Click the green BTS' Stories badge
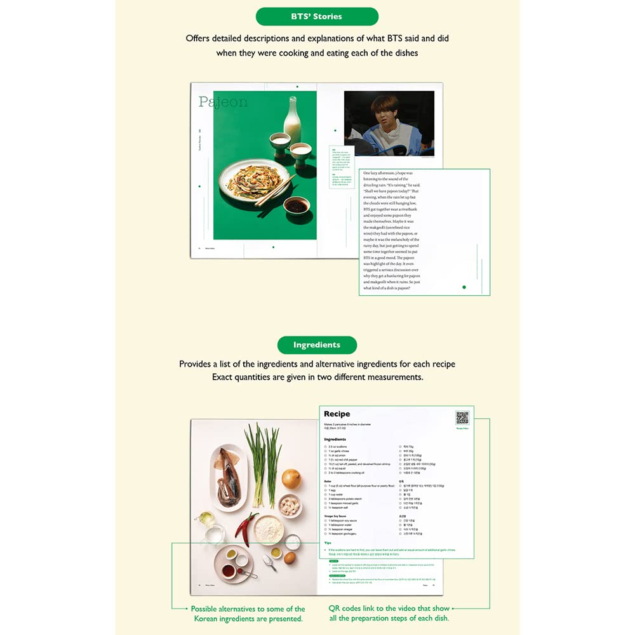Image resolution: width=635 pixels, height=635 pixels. (317, 17)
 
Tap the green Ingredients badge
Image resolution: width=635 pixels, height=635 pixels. (317, 345)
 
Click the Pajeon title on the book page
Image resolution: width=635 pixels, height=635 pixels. (223, 102)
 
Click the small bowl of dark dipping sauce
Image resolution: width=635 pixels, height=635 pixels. (297, 205)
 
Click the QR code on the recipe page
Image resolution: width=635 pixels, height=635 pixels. (462, 417)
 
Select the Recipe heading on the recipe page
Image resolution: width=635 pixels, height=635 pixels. (337, 414)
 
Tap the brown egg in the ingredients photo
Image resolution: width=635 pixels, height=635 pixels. (289, 558)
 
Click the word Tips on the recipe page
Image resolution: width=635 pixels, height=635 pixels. (328, 544)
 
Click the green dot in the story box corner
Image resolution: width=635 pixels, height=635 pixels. (464, 287)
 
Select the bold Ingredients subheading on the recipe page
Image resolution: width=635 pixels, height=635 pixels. (335, 439)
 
